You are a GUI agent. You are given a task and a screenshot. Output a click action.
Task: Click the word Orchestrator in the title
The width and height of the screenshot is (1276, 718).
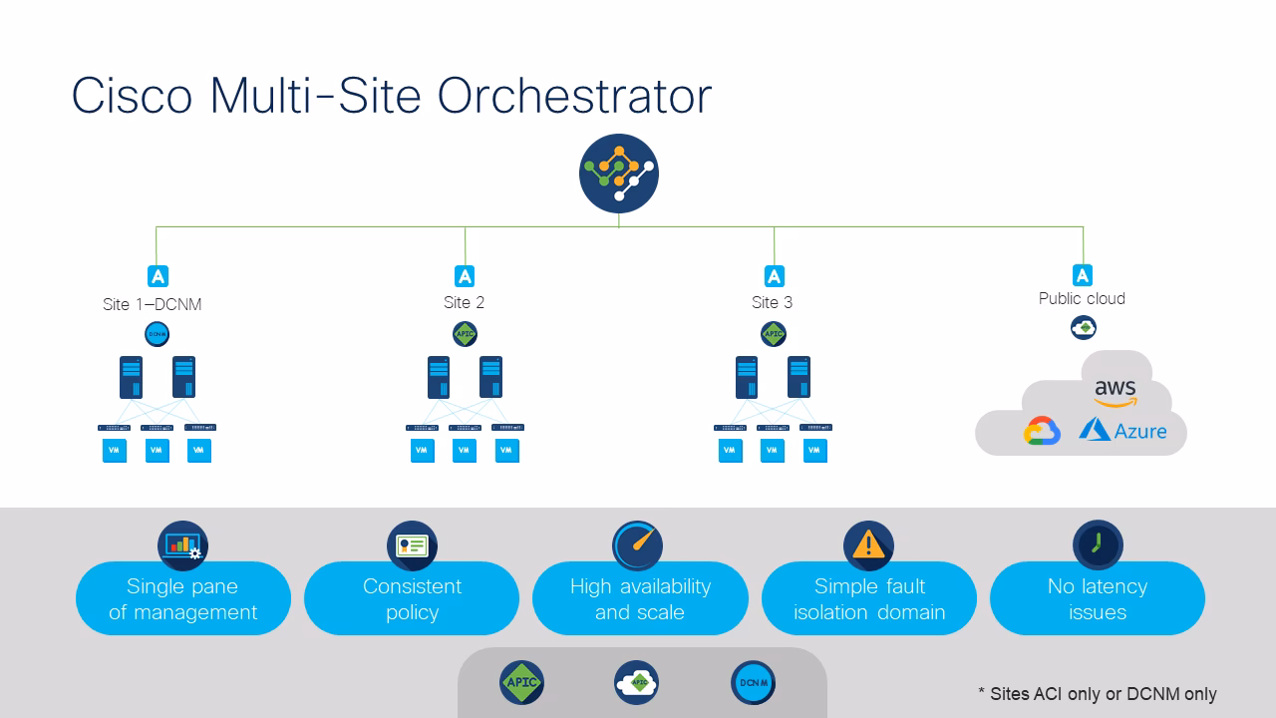(574, 97)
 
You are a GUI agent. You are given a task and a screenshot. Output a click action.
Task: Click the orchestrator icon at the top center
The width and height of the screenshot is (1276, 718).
(619, 173)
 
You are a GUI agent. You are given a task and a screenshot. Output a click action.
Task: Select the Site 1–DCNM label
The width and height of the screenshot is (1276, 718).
(152, 304)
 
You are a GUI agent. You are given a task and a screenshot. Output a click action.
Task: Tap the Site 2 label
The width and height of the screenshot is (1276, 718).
(464, 302)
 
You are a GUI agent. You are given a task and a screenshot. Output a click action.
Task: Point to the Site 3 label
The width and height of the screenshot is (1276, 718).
(772, 302)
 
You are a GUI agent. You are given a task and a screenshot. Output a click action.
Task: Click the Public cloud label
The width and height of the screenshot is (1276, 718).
(1082, 298)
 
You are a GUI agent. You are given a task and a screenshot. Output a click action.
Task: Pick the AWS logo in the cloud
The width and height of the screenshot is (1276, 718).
(1115, 393)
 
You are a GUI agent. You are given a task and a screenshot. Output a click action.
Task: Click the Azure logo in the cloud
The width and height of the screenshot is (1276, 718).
(1122, 431)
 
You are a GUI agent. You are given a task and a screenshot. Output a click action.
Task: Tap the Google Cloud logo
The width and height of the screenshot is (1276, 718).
(1042, 431)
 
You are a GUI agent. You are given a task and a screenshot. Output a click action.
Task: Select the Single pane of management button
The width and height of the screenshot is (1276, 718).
(183, 599)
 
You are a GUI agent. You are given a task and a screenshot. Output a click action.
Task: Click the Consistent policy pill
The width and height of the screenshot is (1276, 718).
(412, 599)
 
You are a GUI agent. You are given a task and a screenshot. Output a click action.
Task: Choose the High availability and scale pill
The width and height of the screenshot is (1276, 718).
(640, 599)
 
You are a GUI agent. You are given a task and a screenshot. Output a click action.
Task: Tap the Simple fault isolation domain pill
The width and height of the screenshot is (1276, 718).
(869, 599)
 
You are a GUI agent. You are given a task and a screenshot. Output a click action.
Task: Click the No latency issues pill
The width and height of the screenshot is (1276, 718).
(1097, 599)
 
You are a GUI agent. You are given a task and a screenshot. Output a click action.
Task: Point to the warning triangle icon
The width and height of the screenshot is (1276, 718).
(868, 545)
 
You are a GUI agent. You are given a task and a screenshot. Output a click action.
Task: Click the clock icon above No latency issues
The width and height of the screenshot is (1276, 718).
(1098, 545)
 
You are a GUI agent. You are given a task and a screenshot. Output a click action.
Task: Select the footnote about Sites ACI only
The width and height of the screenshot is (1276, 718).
(1097, 693)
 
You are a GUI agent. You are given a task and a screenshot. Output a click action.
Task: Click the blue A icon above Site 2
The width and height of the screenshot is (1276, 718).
(465, 275)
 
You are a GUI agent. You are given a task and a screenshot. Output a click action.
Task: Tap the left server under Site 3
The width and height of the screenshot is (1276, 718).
(747, 377)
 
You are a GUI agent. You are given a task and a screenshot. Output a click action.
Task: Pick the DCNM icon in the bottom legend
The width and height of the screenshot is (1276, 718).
(753, 683)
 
